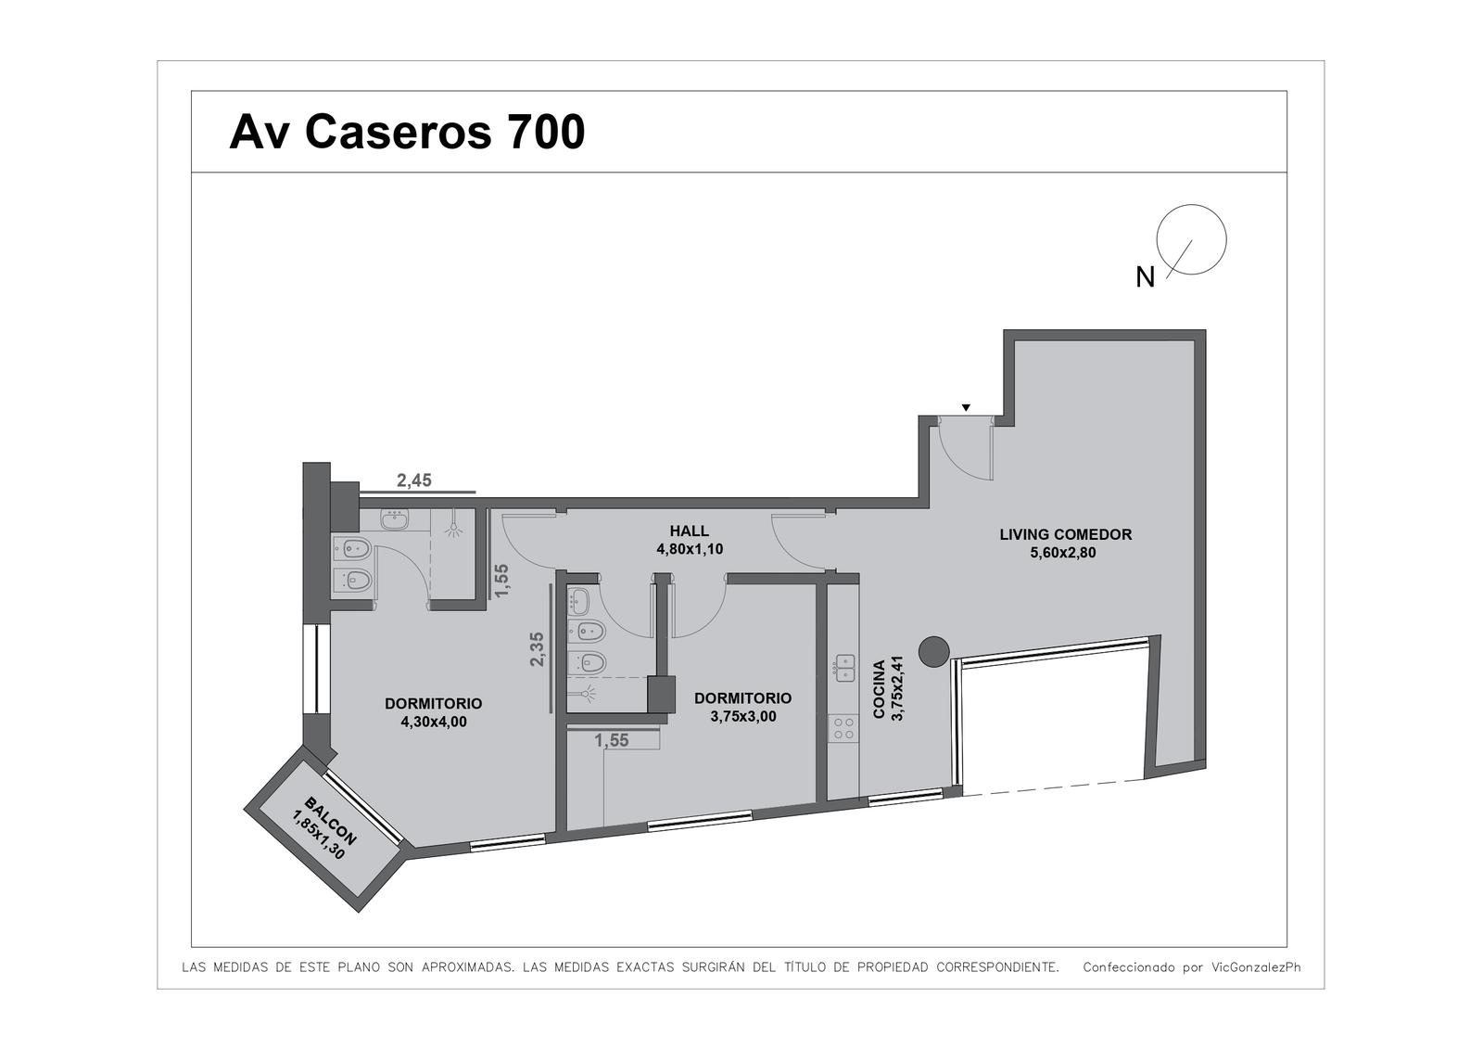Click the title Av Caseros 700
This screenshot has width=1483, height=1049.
(407, 132)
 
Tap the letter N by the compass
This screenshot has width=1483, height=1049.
(1145, 277)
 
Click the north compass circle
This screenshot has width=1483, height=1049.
(1191, 239)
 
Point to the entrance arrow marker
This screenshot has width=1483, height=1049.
(966, 407)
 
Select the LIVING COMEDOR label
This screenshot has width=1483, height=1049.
(1065, 534)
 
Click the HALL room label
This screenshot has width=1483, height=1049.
(690, 531)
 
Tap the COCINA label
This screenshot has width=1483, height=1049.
(880, 689)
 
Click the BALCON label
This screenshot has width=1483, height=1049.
(330, 821)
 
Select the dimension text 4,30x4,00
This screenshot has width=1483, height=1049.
(434, 722)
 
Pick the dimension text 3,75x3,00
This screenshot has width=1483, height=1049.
(742, 716)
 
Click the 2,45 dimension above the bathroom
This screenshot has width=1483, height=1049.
(413, 480)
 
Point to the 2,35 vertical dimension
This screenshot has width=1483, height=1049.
(537, 649)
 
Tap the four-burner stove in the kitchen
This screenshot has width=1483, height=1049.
(843, 728)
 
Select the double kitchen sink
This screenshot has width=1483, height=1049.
(845, 668)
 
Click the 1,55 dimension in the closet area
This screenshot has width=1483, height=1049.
(611, 741)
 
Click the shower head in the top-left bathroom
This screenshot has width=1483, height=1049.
(453, 528)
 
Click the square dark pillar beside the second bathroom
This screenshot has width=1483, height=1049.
(661, 694)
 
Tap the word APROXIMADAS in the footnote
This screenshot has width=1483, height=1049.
(467, 967)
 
